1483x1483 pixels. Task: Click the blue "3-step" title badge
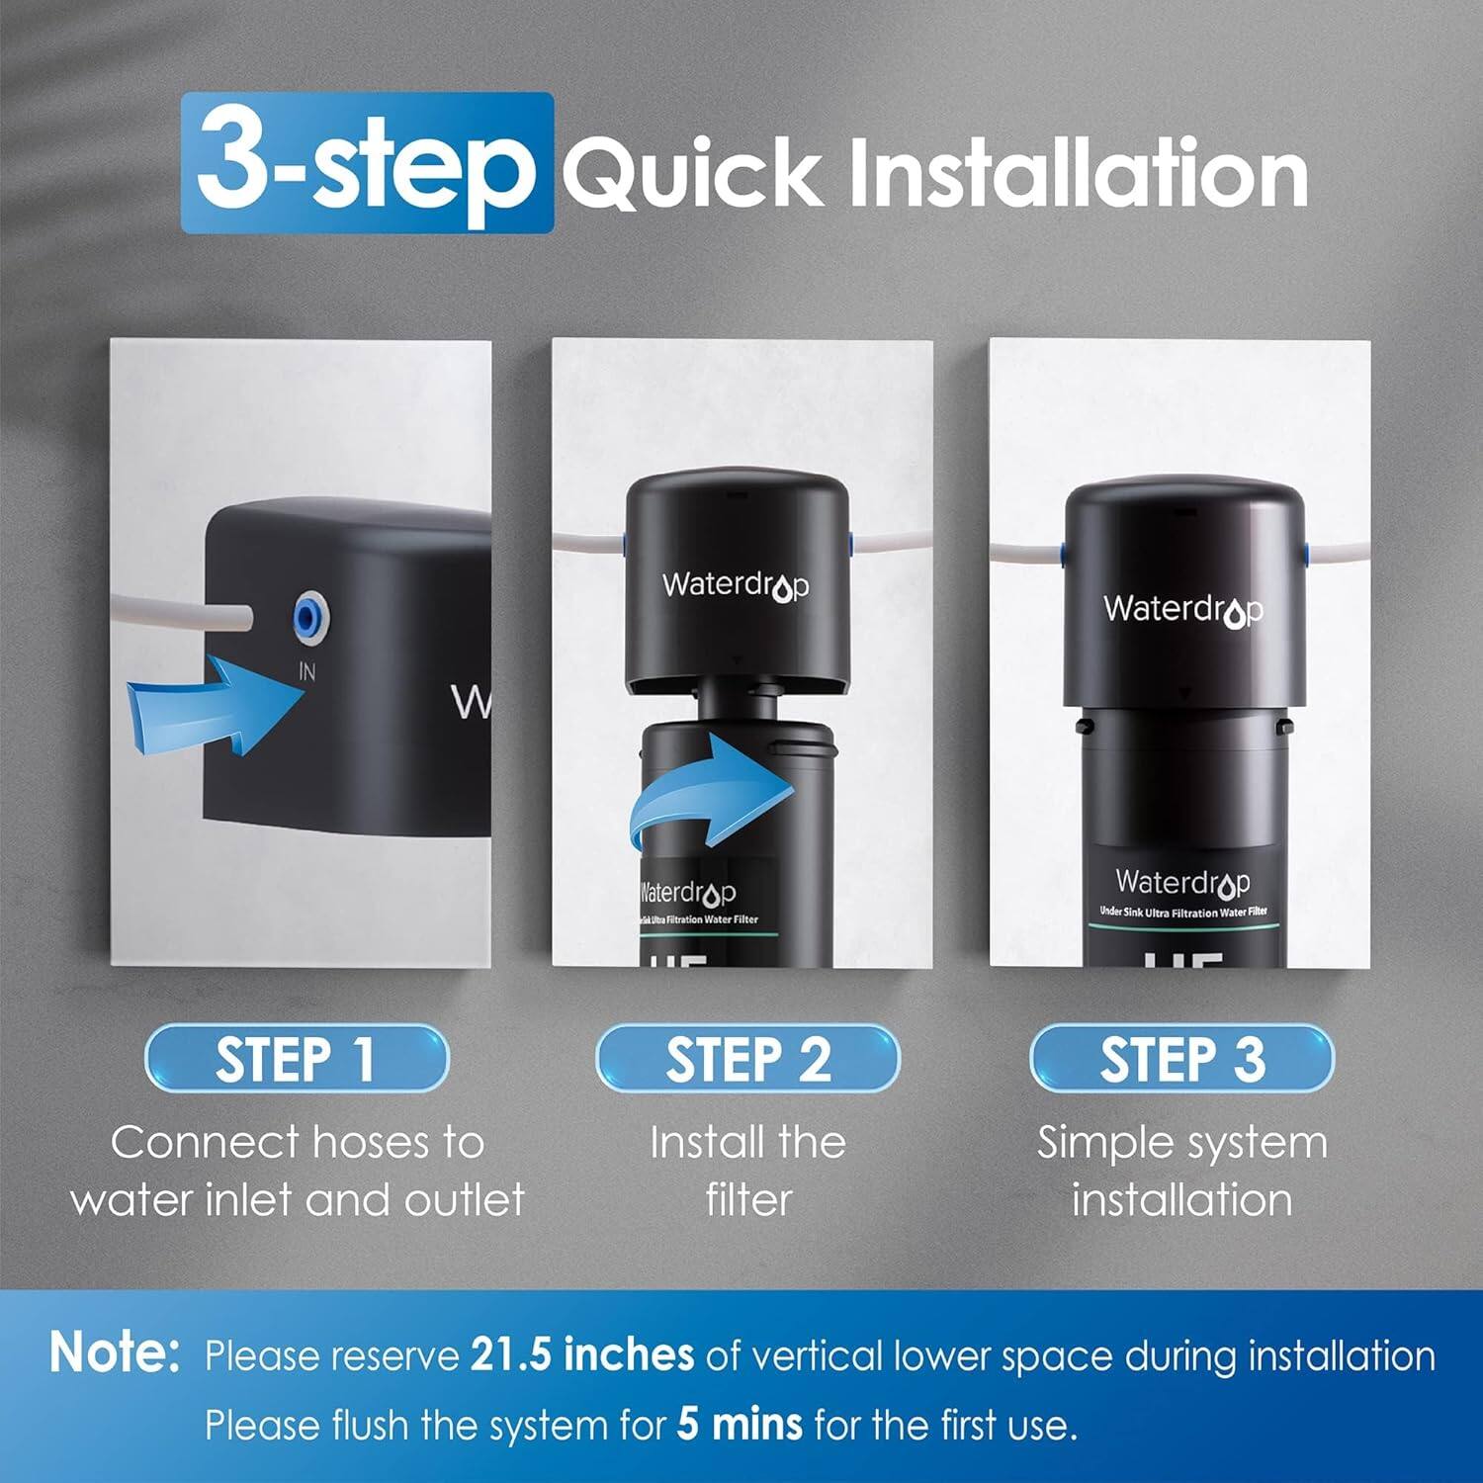click(x=367, y=163)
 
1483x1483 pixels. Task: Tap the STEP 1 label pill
click(x=296, y=1059)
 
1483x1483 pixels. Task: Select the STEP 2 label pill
click(x=747, y=1059)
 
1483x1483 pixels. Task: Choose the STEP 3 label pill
click(x=1181, y=1059)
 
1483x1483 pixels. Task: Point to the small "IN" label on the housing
click(x=307, y=672)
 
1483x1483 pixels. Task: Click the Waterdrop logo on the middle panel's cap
click(x=736, y=585)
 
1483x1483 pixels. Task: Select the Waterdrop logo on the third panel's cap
click(x=1182, y=610)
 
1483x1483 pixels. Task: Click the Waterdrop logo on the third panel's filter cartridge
click(x=1182, y=881)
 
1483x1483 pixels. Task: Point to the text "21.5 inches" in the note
click(x=581, y=1355)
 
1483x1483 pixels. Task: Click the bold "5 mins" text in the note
click(x=740, y=1425)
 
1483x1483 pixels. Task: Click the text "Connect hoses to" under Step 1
click(x=298, y=1143)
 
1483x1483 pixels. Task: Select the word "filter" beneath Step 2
click(x=748, y=1200)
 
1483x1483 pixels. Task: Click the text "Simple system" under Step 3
click(x=1181, y=1143)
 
